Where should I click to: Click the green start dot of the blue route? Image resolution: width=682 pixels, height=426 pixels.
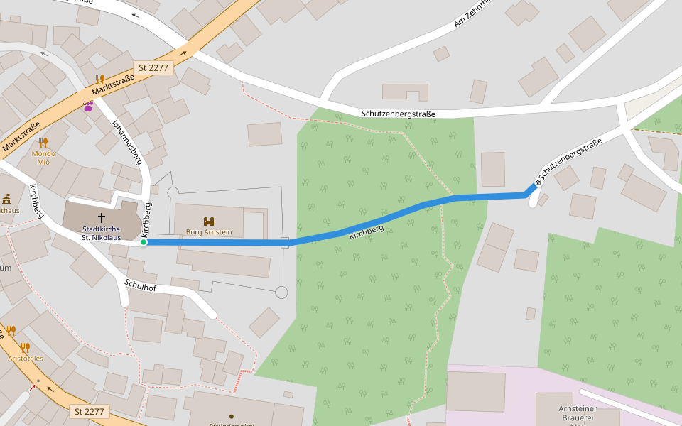[144, 242]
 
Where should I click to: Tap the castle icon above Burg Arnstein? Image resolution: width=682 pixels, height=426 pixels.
[209, 222]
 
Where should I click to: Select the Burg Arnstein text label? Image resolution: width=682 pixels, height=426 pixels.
[209, 232]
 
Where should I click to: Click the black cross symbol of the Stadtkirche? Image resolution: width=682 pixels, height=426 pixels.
[102, 217]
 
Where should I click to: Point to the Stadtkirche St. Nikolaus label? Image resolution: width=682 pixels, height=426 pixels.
[101, 233]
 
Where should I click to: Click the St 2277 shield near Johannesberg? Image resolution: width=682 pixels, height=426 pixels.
[153, 67]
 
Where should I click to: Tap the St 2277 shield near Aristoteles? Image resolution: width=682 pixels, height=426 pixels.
[90, 411]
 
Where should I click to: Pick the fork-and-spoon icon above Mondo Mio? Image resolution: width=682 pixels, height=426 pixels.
[43, 142]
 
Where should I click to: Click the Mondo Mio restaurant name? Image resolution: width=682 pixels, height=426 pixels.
[43, 158]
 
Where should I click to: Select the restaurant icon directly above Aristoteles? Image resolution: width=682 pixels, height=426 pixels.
[25, 347]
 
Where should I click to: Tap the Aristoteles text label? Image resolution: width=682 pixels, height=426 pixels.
[26, 359]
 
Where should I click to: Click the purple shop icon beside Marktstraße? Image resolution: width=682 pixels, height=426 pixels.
[89, 106]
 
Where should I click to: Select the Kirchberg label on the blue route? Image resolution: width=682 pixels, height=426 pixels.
[367, 231]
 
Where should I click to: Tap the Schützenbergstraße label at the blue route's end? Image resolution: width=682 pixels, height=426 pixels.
[570, 161]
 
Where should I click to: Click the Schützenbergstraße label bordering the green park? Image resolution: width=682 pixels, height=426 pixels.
[398, 114]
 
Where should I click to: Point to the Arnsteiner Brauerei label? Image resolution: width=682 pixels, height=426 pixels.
[576, 413]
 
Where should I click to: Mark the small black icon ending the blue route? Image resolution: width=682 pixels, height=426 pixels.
[538, 182]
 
